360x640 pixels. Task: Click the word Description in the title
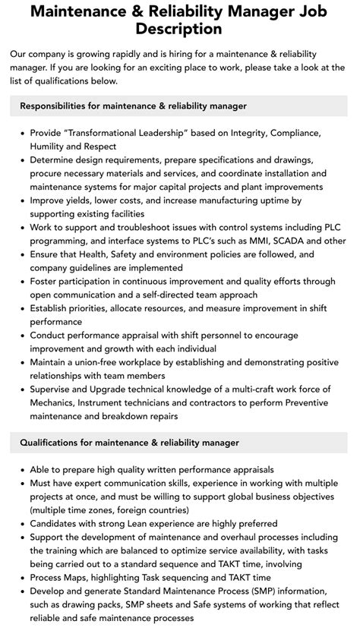pos(180,30)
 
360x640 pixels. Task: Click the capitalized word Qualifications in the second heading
pos(53,442)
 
